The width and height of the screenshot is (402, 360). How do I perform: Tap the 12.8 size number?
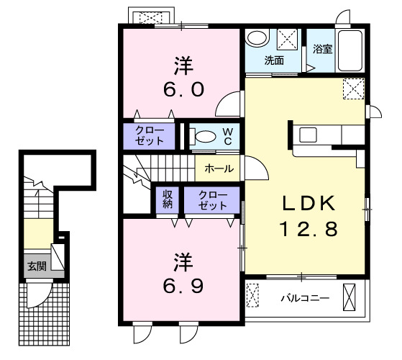point(308,230)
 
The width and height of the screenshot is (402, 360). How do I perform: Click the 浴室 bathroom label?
point(322,50)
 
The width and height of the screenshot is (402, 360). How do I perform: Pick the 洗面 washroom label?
point(274,60)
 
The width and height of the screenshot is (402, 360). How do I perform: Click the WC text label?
point(227,136)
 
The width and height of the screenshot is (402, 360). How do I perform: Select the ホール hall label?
point(218,169)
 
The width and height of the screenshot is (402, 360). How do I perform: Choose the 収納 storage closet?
point(167,199)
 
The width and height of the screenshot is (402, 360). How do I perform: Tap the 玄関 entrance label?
point(36,265)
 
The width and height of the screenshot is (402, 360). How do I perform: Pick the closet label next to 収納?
point(211,199)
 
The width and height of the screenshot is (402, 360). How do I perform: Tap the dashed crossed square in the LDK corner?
point(352,89)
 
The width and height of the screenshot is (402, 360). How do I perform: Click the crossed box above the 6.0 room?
point(150,16)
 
